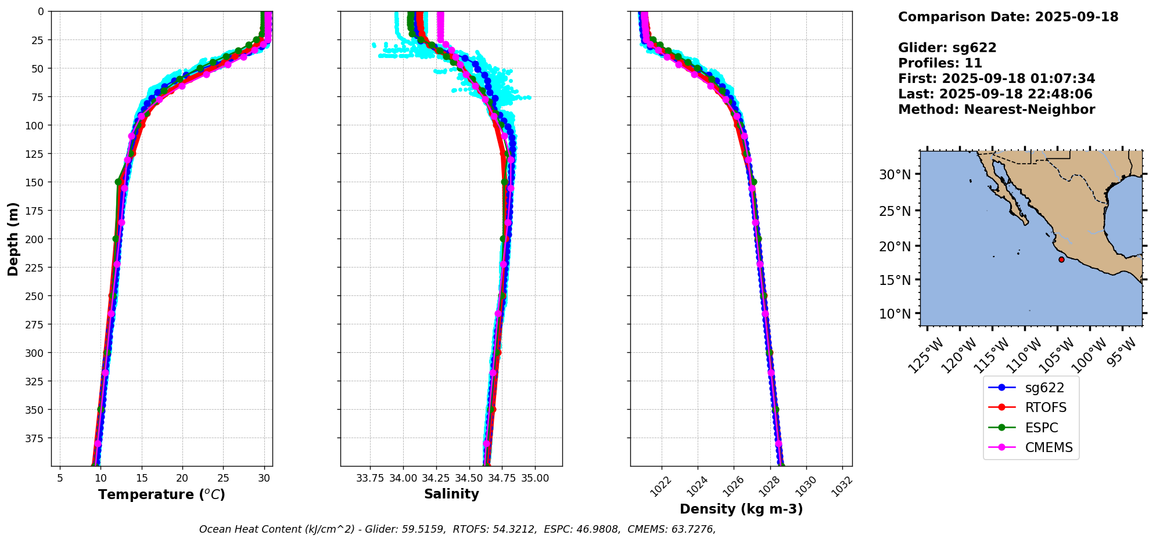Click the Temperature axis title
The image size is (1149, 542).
tap(161, 494)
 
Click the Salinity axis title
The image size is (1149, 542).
tap(451, 494)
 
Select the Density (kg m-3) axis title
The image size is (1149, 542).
tap(741, 509)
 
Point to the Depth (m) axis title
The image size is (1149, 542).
tap(13, 239)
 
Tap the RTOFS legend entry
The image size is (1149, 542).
tap(1045, 407)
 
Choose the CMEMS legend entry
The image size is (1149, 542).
tap(1049, 447)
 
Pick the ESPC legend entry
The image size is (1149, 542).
tap(1041, 428)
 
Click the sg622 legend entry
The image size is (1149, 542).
tap(1044, 388)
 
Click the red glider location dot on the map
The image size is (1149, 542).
tap(1061, 259)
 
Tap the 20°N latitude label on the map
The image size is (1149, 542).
tap(895, 246)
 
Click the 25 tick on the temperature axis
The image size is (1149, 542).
tap(224, 478)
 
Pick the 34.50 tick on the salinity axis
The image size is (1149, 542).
tap(469, 478)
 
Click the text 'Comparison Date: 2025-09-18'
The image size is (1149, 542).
tap(1008, 17)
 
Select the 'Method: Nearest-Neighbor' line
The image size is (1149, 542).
tap(996, 110)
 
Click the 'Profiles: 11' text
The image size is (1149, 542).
tap(940, 63)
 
